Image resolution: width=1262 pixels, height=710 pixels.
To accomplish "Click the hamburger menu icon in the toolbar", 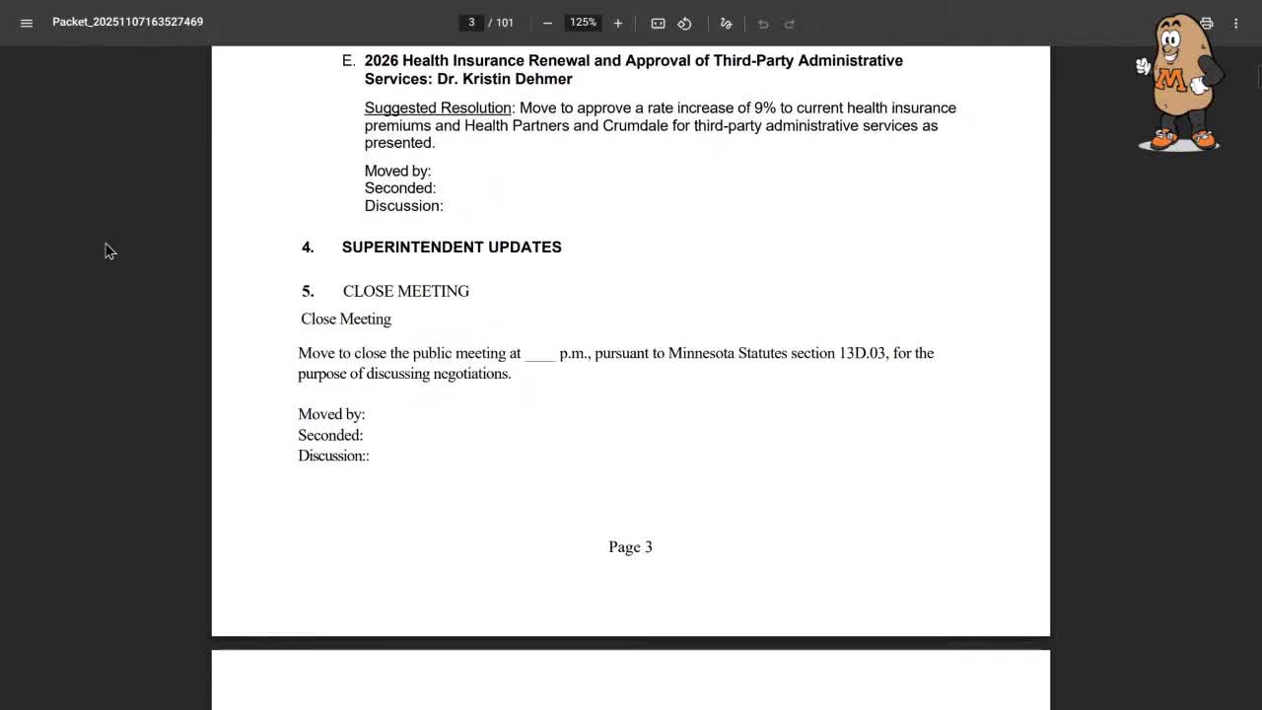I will point(27,23).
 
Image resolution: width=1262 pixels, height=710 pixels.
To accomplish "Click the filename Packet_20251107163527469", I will point(127,22).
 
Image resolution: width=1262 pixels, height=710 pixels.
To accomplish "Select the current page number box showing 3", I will point(471,23).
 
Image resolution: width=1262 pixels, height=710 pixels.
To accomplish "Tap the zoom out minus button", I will point(547,23).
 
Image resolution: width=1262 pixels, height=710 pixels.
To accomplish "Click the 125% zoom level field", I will point(583,23).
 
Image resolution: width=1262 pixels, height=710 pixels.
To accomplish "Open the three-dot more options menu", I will point(1235,23).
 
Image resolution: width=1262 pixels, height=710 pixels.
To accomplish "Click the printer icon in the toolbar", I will point(1206,23).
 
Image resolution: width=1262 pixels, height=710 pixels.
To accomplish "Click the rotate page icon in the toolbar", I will point(684,23).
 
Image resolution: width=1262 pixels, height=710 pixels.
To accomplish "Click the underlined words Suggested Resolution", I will point(438,107).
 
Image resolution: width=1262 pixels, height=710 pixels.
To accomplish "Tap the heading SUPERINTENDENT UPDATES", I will point(452,248).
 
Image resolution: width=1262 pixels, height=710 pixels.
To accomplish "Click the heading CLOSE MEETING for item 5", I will point(406,291).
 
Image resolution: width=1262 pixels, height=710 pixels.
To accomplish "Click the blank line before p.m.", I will point(539,354).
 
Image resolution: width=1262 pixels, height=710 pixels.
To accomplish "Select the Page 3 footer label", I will point(630,547).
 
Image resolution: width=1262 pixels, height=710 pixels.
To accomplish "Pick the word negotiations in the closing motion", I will point(471,374).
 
